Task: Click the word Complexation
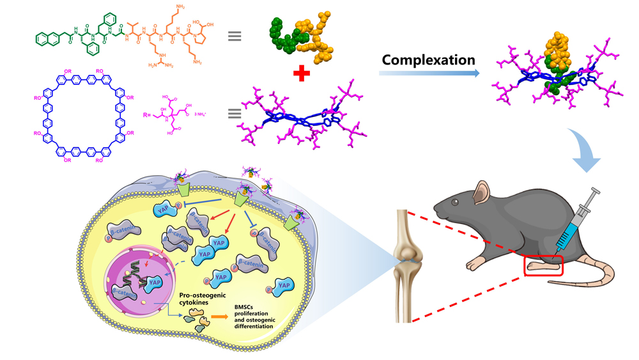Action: (428, 60)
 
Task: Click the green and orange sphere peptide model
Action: (300, 35)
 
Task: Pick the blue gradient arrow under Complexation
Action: (429, 74)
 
